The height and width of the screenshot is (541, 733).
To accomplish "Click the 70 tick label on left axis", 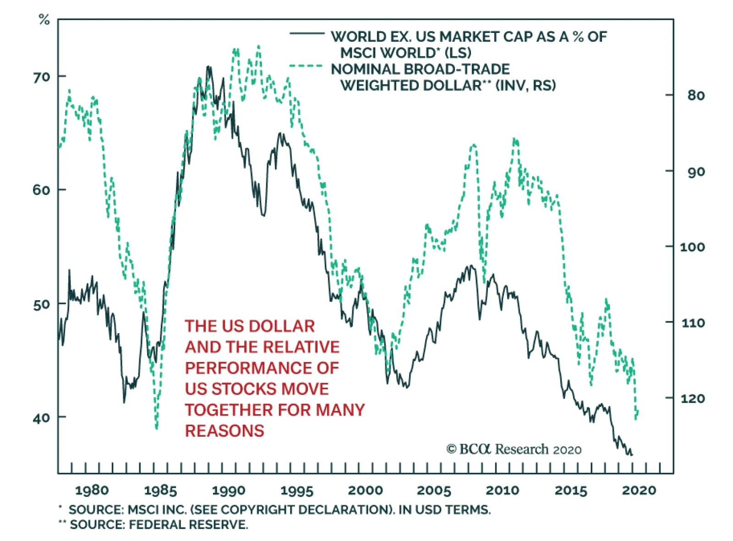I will pos(41,77).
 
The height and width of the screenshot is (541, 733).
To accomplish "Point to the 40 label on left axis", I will pos(41,418).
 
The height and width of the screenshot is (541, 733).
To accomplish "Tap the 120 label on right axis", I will pos(693,399).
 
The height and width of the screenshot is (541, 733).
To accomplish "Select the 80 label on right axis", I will pos(695,96).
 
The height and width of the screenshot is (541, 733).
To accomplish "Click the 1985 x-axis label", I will pos(160,491).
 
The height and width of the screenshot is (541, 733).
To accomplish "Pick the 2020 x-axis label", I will pos(639,491).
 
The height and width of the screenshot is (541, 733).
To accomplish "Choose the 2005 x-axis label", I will pos(434,491).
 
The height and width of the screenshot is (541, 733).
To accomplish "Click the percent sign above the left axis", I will pos(44,20).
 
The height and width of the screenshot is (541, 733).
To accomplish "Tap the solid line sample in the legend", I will pos(306,33).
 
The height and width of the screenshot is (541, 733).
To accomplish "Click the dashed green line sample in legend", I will pos(306,66).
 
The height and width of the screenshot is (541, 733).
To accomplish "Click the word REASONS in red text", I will pos(224,431).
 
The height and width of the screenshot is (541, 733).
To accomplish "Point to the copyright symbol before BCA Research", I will pos(451,449).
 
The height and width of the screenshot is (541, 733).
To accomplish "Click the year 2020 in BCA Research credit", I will pos(567,450).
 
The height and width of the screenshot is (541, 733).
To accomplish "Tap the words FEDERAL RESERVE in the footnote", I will pos(188,525).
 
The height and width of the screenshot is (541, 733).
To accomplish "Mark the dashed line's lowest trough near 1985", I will pos(157,428).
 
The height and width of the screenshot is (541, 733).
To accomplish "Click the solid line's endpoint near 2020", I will pos(632,454).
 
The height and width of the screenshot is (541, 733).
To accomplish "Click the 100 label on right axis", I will pos(693,247).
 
